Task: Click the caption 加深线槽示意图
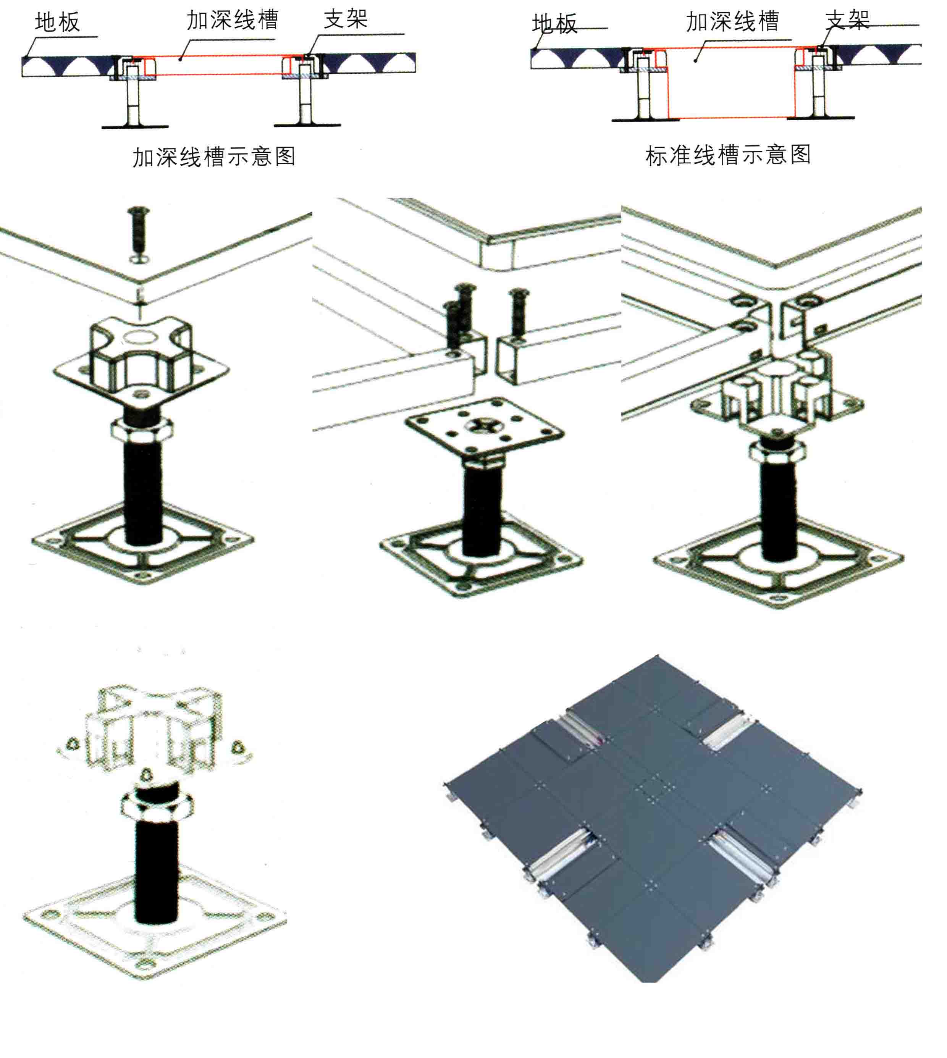point(214,157)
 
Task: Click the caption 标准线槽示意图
point(728,155)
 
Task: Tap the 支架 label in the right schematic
point(847,20)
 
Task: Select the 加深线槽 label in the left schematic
point(233,20)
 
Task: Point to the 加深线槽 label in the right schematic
point(732,21)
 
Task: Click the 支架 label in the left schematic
point(346,19)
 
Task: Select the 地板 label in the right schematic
point(555,24)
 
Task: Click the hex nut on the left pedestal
point(142,430)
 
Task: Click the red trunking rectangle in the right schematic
point(731,83)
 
